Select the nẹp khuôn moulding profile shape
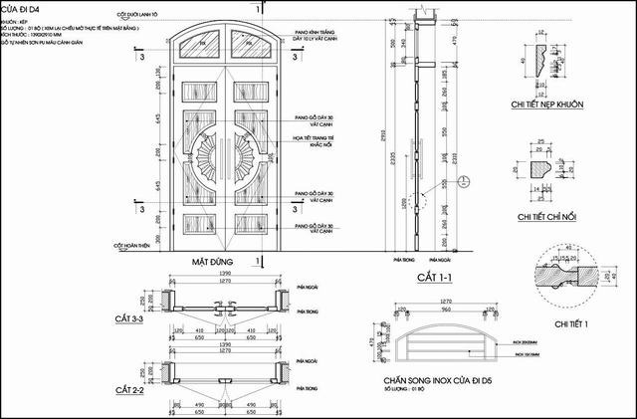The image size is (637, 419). (546, 59)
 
